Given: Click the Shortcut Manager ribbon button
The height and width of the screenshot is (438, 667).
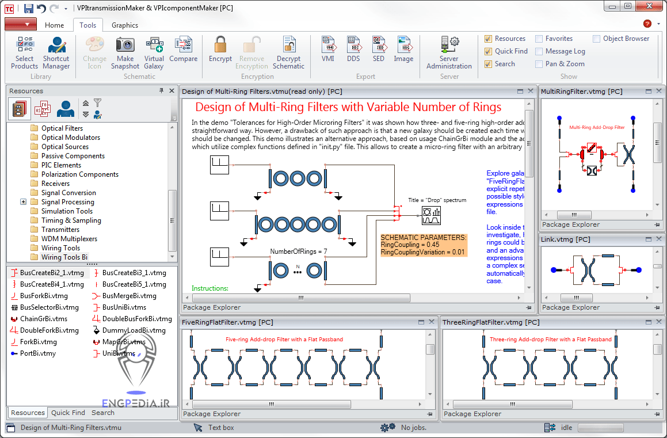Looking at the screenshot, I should tap(56, 52).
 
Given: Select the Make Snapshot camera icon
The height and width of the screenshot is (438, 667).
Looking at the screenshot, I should tap(125, 52).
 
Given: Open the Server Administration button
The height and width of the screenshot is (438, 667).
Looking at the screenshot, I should tap(449, 52).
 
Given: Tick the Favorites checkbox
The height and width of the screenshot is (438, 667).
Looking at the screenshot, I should tap(539, 39).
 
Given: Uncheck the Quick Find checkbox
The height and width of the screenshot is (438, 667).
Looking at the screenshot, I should tap(489, 51).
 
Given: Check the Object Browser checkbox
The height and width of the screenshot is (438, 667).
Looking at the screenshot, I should tap(597, 39).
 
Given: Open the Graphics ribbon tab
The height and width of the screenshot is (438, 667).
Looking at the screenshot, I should tap(125, 25).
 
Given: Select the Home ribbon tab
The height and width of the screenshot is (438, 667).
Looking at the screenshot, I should tap(55, 25).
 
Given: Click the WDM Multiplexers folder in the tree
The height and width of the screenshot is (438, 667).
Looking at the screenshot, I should tap(69, 239).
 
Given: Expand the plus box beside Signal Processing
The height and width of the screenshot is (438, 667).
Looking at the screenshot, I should tap(24, 202).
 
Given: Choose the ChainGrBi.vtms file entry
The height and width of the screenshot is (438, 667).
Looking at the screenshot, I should tap(43, 319).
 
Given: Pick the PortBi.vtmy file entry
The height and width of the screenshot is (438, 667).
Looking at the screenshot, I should tap(37, 353).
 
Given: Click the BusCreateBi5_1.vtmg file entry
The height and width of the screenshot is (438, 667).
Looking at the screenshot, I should tap(134, 284).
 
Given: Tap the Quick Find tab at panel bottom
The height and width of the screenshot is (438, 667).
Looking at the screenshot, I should tap(68, 413).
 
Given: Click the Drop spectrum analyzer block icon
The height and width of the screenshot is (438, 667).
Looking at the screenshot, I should tap(431, 216).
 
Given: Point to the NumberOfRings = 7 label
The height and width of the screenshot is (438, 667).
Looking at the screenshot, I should tap(298, 252).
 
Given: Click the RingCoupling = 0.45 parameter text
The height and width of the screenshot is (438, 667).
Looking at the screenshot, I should tap(410, 245).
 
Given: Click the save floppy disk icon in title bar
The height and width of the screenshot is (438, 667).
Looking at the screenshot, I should tap(29, 8).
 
